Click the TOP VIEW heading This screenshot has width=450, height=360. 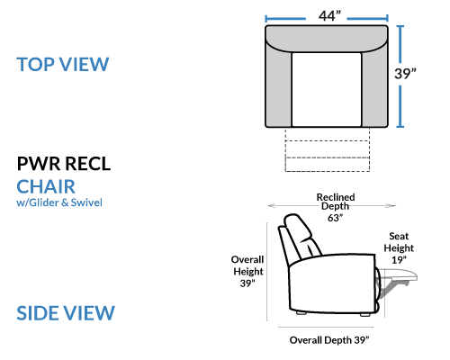(x=63, y=64)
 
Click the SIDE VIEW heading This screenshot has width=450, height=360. (x=66, y=313)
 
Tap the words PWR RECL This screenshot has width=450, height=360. (x=64, y=164)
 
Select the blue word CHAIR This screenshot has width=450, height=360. (x=46, y=186)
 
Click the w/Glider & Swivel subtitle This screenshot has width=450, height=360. (x=59, y=202)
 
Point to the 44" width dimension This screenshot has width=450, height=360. (x=329, y=15)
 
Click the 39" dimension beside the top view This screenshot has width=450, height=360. (x=405, y=74)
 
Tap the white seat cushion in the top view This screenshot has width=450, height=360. (x=327, y=89)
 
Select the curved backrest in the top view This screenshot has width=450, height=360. (x=327, y=39)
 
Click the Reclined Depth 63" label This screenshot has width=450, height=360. (x=336, y=207)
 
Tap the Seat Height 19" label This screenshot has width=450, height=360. (x=399, y=247)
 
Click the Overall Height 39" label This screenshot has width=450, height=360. (x=247, y=271)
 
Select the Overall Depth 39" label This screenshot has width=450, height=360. (x=329, y=340)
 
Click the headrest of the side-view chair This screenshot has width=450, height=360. (x=298, y=228)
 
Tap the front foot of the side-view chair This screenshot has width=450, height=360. (x=364, y=314)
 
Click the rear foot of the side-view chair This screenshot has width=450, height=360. (x=301, y=312)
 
